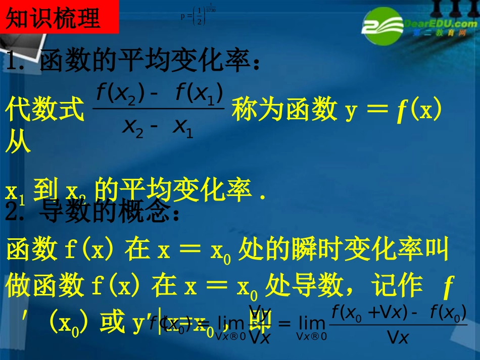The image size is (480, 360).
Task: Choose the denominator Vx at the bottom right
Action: point(397,337)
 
